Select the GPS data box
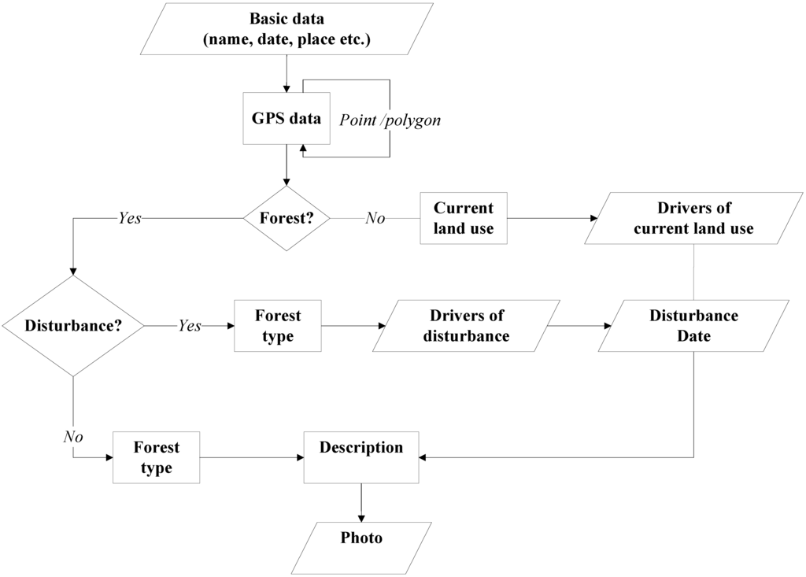click(x=286, y=120)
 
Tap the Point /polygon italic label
click(x=390, y=120)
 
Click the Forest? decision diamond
click(x=287, y=218)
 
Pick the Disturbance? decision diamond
click(x=73, y=325)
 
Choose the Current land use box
click(x=464, y=218)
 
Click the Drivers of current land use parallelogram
click(x=693, y=218)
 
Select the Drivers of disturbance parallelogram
click(x=467, y=325)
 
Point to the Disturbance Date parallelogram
click(x=693, y=325)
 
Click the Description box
click(x=361, y=457)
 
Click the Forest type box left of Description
click(x=156, y=457)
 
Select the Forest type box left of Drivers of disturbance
click(x=278, y=325)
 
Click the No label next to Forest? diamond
click(x=375, y=218)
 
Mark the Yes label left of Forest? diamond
click(x=129, y=218)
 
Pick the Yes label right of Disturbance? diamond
click(x=190, y=325)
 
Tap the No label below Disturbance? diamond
click(x=73, y=435)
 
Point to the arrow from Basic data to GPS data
click(x=286, y=74)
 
